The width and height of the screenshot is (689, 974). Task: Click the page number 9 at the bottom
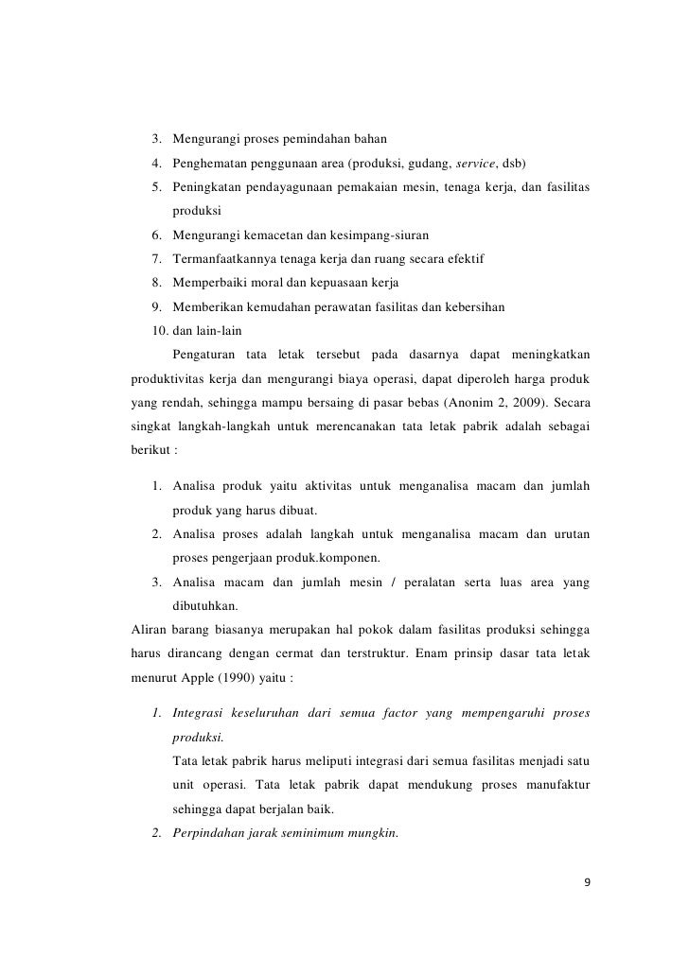(587, 882)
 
